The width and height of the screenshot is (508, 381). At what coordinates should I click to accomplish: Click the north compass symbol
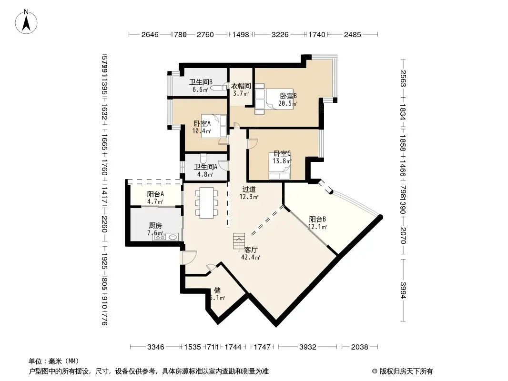pos(27,21)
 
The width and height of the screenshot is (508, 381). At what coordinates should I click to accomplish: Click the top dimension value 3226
pos(280,34)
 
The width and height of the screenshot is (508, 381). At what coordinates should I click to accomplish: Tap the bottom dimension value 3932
pos(307,347)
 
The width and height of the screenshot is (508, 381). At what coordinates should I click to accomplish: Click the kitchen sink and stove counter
pos(166,236)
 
